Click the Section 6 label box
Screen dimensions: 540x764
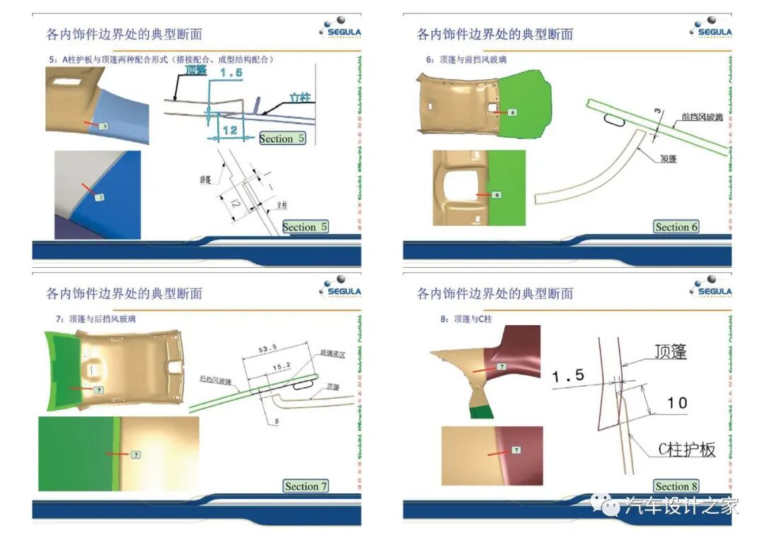[676, 227]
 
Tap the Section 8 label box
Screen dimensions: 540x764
[676, 486]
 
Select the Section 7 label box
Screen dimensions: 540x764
[306, 486]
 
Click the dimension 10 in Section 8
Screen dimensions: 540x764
[677, 402]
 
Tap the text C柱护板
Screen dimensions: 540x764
[686, 450]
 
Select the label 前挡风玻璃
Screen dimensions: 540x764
[702, 118]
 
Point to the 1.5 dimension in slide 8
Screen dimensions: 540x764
[569, 377]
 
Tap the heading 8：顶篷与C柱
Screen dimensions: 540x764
[465, 319]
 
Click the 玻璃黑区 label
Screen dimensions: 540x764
[332, 352]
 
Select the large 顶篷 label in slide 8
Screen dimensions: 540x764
[671, 351]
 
